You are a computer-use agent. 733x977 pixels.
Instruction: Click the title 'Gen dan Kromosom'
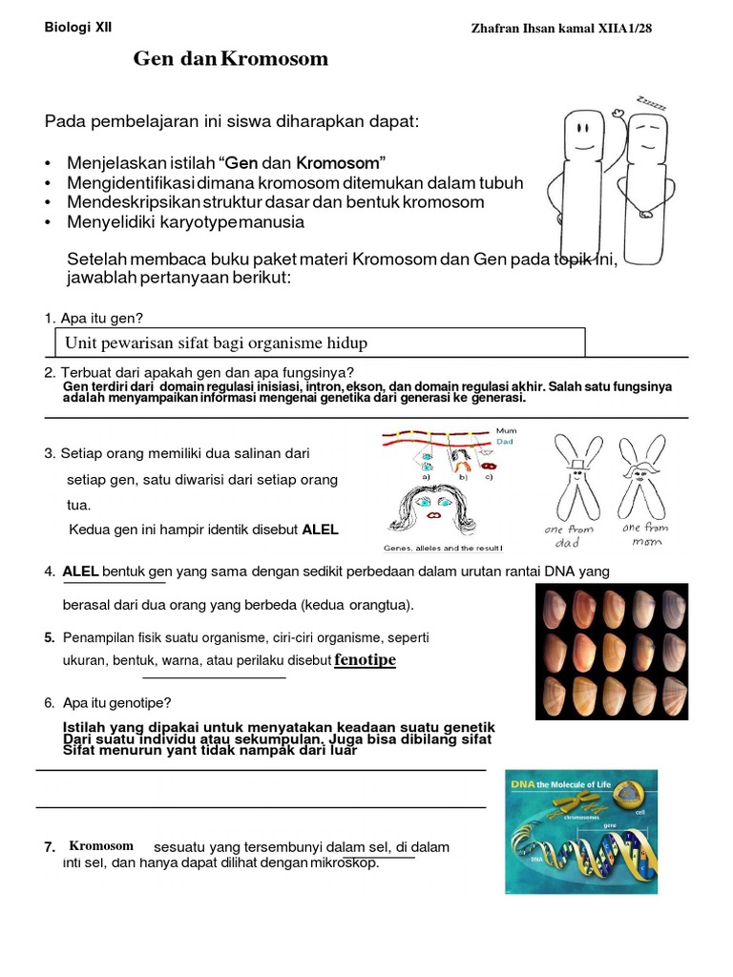(x=230, y=59)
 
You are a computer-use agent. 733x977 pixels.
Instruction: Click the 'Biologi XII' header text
(x=78, y=28)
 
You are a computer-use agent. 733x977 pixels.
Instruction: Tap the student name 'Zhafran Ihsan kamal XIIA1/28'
(x=561, y=30)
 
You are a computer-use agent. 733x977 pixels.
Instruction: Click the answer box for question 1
(x=319, y=343)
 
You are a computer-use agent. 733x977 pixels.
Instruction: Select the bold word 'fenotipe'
(x=365, y=660)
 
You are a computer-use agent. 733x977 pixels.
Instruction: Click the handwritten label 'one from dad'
(x=568, y=535)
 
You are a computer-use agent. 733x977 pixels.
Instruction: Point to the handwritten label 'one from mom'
(x=644, y=533)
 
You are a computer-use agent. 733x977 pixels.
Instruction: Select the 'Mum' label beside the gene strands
(x=506, y=431)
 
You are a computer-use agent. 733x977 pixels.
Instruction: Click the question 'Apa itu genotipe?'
(x=116, y=703)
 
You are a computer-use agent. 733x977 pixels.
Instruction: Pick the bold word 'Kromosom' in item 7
(x=101, y=845)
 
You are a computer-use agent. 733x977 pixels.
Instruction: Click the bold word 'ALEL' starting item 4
(x=81, y=571)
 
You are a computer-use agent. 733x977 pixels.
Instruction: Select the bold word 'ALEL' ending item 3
(x=320, y=530)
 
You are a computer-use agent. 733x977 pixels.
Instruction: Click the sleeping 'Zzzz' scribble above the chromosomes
(x=651, y=102)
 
